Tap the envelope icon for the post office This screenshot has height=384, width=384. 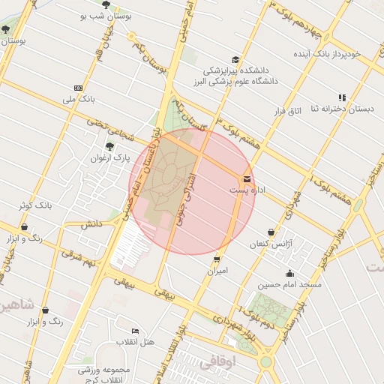click(x=247, y=178)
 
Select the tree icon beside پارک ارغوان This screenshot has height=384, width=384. click(x=110, y=146)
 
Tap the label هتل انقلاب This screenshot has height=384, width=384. click(x=135, y=342)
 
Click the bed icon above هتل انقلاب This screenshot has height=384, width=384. click(x=135, y=331)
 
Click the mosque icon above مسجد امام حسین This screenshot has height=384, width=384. click(x=289, y=273)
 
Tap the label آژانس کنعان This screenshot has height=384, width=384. click(x=271, y=245)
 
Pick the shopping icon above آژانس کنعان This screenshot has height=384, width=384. click(x=270, y=233)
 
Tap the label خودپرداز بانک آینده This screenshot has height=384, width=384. click(x=327, y=54)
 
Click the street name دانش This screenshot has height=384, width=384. click(x=91, y=223)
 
